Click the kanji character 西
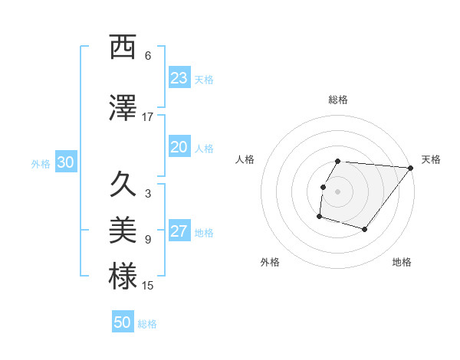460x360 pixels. [x=123, y=47]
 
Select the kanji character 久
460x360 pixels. [x=123, y=185]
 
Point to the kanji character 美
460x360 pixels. [x=123, y=230]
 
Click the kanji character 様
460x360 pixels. [x=123, y=277]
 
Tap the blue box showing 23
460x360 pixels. [x=179, y=78]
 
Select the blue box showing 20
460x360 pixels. [x=179, y=148]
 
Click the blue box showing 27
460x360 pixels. [x=179, y=232]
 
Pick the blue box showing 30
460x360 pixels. [x=65, y=163]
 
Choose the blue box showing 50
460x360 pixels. [x=123, y=322]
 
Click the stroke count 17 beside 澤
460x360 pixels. [x=148, y=117]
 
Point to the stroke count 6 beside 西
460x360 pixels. [x=148, y=56]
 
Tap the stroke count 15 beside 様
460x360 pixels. [x=148, y=286]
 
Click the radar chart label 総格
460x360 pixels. [x=338, y=100]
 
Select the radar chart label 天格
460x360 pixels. [x=431, y=159]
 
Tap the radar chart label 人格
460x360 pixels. [x=245, y=159]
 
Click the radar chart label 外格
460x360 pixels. [x=270, y=262]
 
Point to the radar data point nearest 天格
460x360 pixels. [x=411, y=168]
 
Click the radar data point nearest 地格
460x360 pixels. [x=365, y=229]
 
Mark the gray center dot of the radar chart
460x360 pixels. [x=338, y=191]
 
